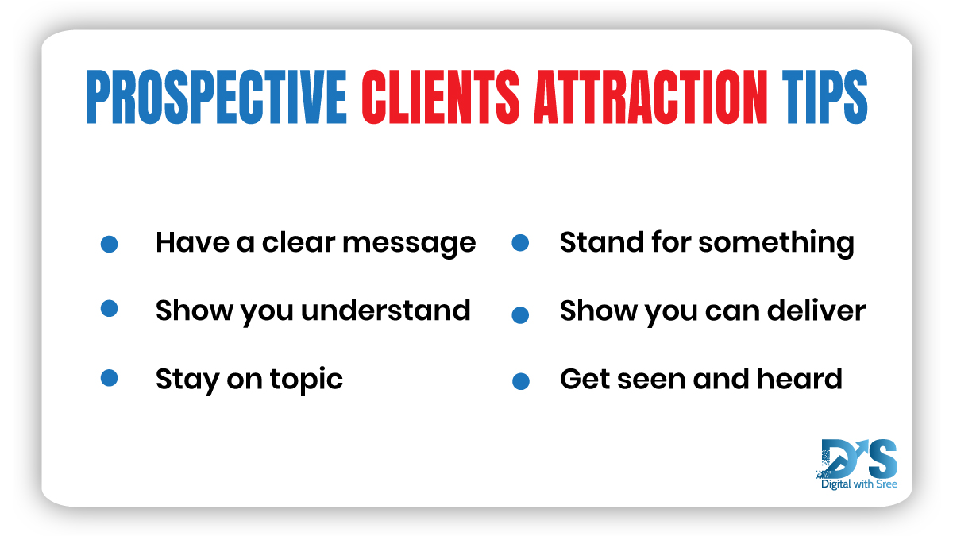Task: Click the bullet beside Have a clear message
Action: (110, 244)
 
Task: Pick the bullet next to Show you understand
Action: (110, 308)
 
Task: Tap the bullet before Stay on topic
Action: (110, 378)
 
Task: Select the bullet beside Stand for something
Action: (520, 243)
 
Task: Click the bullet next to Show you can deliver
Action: (520, 314)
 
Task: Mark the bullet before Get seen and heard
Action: (520, 381)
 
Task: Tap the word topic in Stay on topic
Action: (308, 380)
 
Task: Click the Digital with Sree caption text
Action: (858, 483)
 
